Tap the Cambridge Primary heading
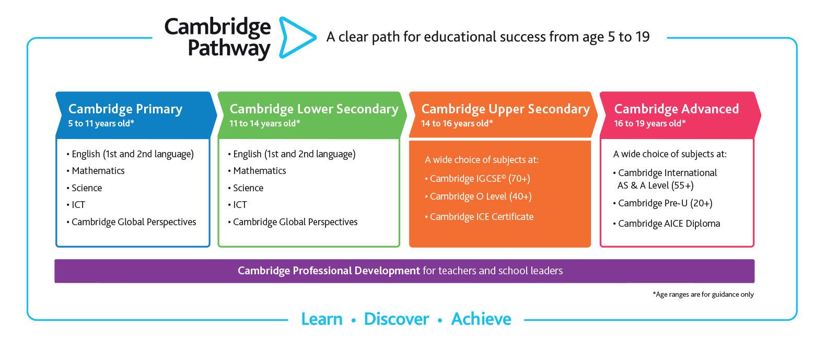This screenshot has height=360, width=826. pos(125,109)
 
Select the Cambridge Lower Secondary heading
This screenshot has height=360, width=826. pos(313,109)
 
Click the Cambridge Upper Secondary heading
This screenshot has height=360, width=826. pos(505,109)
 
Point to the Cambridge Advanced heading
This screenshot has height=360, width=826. pos(676,109)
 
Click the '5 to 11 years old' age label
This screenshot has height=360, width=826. pos(101,124)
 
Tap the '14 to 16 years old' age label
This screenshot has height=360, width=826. pos(457,124)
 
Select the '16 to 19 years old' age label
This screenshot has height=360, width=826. pos(649,124)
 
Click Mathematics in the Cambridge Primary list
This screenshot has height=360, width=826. pos(98,171)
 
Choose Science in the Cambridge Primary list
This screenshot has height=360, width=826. pos(86,188)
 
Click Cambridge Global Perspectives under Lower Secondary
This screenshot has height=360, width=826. pos(295,222)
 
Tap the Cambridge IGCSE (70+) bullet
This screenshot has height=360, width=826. pos(479,179)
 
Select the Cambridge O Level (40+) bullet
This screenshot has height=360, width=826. pos(480,196)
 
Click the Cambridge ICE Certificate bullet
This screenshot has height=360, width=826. pos(481,217)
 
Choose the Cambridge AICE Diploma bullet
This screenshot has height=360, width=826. pos(668,224)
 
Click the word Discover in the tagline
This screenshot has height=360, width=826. pos(396,319)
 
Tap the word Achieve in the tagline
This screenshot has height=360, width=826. pos(481,319)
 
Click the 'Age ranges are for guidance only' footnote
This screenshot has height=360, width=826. pos(703,295)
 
